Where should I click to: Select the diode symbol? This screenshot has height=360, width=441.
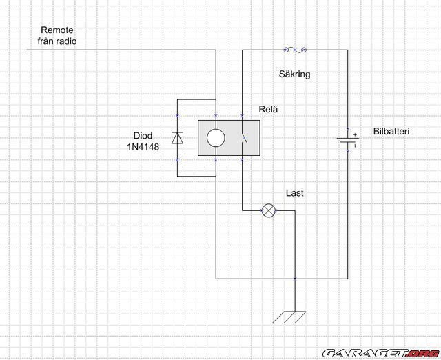[177, 138]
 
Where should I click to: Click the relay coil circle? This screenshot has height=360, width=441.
[216, 138]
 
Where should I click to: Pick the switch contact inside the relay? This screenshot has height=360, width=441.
[243, 138]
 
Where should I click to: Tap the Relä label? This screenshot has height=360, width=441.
[268, 108]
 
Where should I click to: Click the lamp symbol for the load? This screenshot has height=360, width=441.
[269, 210]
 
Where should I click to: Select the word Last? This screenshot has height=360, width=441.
[295, 193]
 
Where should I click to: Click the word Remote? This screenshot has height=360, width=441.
[57, 30]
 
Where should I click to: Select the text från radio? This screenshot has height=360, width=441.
[57, 41]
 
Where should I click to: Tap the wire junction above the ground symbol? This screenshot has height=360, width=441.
[294, 279]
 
